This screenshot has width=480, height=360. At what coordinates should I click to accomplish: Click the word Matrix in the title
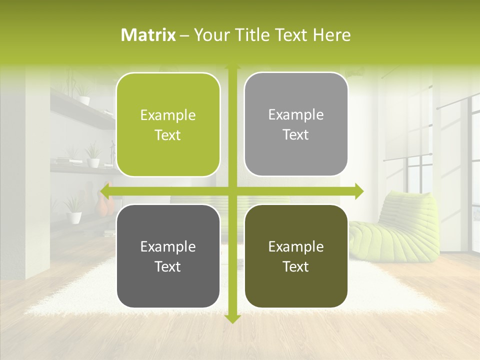coord(148,35)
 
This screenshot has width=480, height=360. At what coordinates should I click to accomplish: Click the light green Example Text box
coord(168,125)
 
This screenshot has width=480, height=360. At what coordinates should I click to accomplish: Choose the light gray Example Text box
coord(296,124)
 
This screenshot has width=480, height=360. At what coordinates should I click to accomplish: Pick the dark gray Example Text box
coord(168,256)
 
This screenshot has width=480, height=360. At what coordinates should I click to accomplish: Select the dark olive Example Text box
coord(296,256)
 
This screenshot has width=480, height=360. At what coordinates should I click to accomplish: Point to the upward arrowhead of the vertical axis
coord(232,66)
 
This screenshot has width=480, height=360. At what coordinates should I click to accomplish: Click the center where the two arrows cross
coord(232,191)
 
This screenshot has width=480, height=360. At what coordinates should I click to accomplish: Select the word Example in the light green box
coord(168,115)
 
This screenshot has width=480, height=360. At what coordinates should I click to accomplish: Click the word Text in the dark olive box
coord(296,266)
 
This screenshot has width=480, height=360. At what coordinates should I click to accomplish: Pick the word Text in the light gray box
coord(296,135)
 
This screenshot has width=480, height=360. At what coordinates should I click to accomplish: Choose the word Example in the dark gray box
coord(168,246)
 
